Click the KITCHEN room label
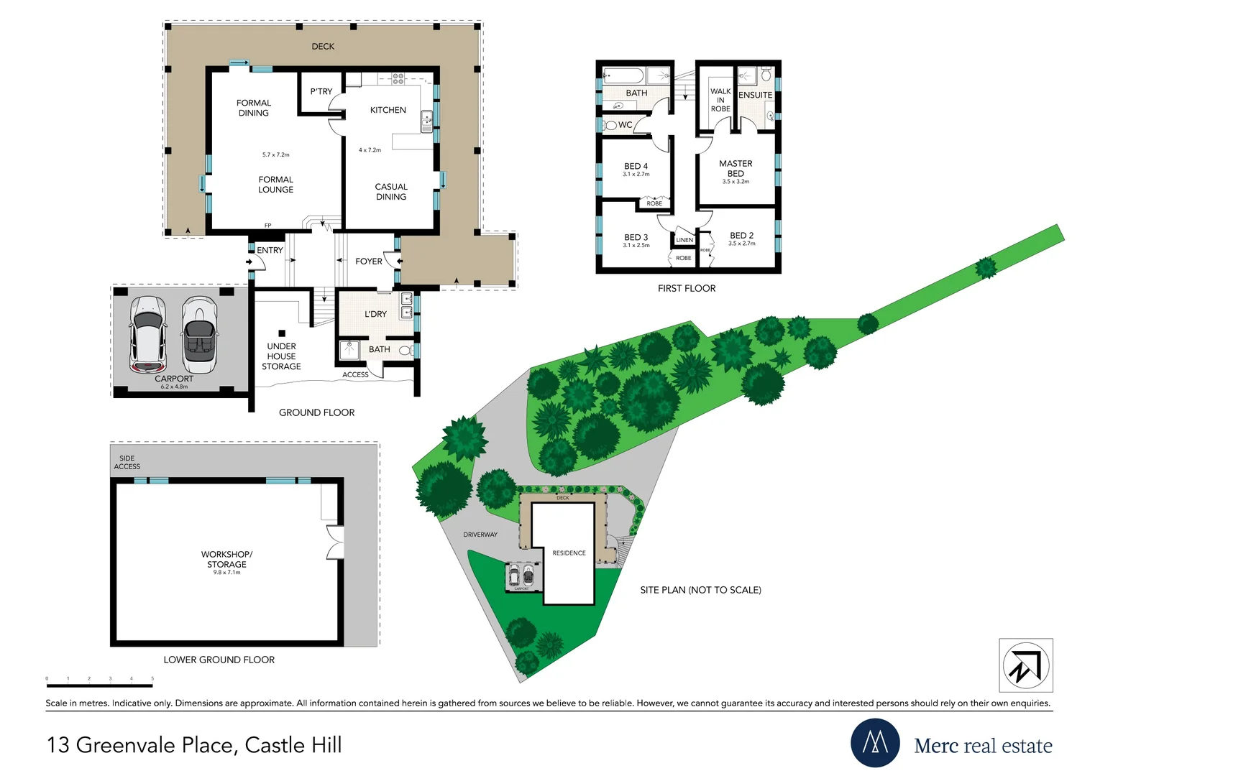pos(388,110)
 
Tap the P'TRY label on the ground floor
pos(321,91)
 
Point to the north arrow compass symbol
pos(1025,665)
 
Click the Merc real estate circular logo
pos(875,743)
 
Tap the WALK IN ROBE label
pos(720,100)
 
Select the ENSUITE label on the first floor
pos(755,95)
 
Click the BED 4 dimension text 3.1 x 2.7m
pos(636,175)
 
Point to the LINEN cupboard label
pos(684,240)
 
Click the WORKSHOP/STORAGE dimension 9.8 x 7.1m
pos(226,573)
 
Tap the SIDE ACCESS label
pos(127,462)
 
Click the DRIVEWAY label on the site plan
pos(480,535)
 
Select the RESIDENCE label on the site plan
pos(569,553)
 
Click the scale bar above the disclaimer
pos(99,685)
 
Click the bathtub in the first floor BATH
pos(623,75)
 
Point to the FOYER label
pos(368,262)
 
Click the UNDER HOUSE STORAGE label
pos(281,356)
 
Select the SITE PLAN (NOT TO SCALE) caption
pos(700,590)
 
